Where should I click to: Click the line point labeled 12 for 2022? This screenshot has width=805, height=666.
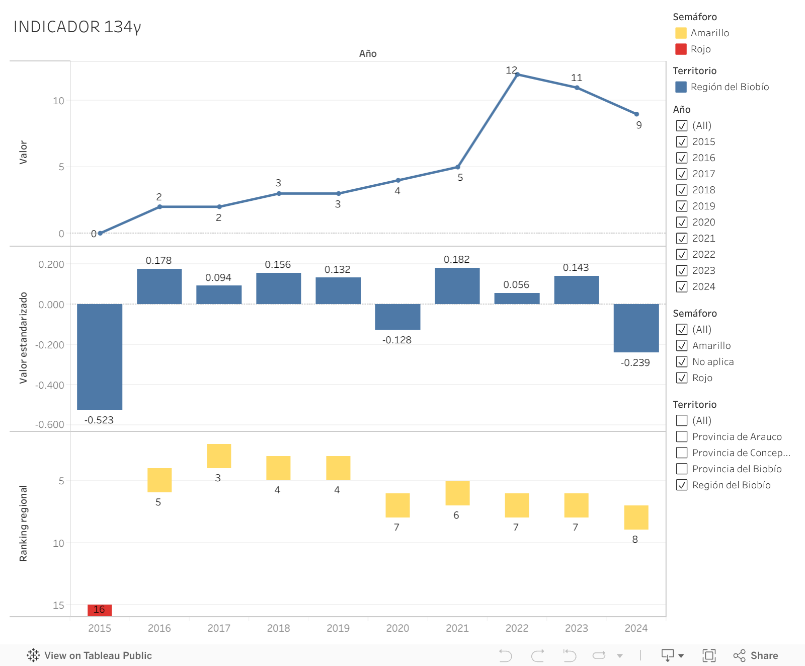[517, 75]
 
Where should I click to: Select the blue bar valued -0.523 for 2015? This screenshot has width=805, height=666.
[100, 356]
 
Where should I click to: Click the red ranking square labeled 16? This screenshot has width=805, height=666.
[100, 610]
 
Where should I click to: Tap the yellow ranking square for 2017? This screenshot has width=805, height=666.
[219, 456]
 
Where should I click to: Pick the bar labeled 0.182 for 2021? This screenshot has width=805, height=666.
[457, 286]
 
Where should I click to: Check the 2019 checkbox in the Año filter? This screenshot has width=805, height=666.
[682, 206]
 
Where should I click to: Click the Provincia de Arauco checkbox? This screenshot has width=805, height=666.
[682, 436]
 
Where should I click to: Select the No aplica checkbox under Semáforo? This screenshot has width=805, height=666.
[682, 361]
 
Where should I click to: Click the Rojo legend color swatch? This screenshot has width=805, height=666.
[681, 49]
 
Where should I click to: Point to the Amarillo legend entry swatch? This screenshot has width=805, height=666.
[681, 33]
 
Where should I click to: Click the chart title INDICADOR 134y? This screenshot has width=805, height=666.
[77, 27]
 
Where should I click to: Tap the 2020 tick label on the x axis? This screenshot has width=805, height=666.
[397, 628]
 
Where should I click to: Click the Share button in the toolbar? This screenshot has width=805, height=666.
[756, 655]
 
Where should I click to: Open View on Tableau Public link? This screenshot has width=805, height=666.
[90, 655]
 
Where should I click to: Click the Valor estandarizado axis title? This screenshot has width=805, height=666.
[23, 338]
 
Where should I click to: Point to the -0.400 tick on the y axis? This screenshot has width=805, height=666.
[50, 385]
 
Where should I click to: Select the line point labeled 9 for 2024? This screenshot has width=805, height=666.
[636, 114]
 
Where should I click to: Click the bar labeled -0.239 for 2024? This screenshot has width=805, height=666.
[636, 328]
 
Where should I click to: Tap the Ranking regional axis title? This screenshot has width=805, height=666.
[23, 524]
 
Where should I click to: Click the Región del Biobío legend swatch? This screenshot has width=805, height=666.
[681, 87]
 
